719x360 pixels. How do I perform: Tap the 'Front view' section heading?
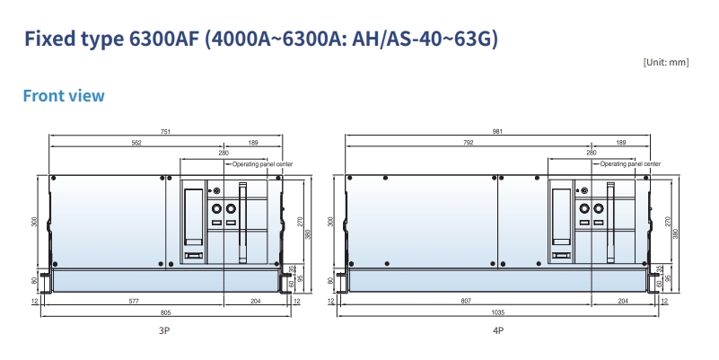click(x=64, y=95)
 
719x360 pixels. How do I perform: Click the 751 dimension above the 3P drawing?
click(x=165, y=132)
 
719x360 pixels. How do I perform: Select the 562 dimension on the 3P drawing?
click(x=136, y=143)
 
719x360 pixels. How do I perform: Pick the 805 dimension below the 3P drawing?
click(x=165, y=312)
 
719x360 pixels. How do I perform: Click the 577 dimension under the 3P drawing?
click(x=135, y=302)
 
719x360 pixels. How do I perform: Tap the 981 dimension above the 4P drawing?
click(x=497, y=132)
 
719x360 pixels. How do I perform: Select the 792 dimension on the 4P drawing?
click(x=469, y=143)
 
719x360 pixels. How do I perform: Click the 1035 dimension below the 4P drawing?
click(x=498, y=312)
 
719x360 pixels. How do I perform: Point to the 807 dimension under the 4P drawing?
click(x=466, y=302)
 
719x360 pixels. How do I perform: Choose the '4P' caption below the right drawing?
click(x=497, y=331)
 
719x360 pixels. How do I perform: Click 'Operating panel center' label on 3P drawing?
click(x=263, y=164)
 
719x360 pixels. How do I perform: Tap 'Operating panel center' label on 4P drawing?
click(x=630, y=164)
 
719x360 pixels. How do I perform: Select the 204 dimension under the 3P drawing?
click(x=256, y=302)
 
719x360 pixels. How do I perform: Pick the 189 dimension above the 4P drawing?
click(x=620, y=143)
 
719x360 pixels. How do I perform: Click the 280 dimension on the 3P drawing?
click(x=224, y=154)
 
